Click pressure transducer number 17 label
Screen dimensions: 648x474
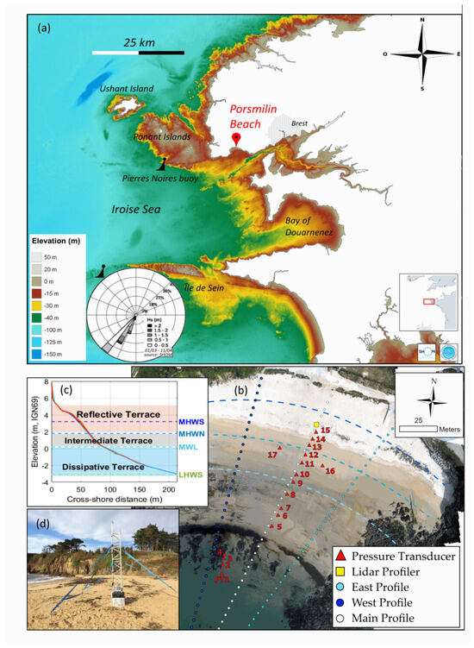pyautogui.click(x=272, y=455)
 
